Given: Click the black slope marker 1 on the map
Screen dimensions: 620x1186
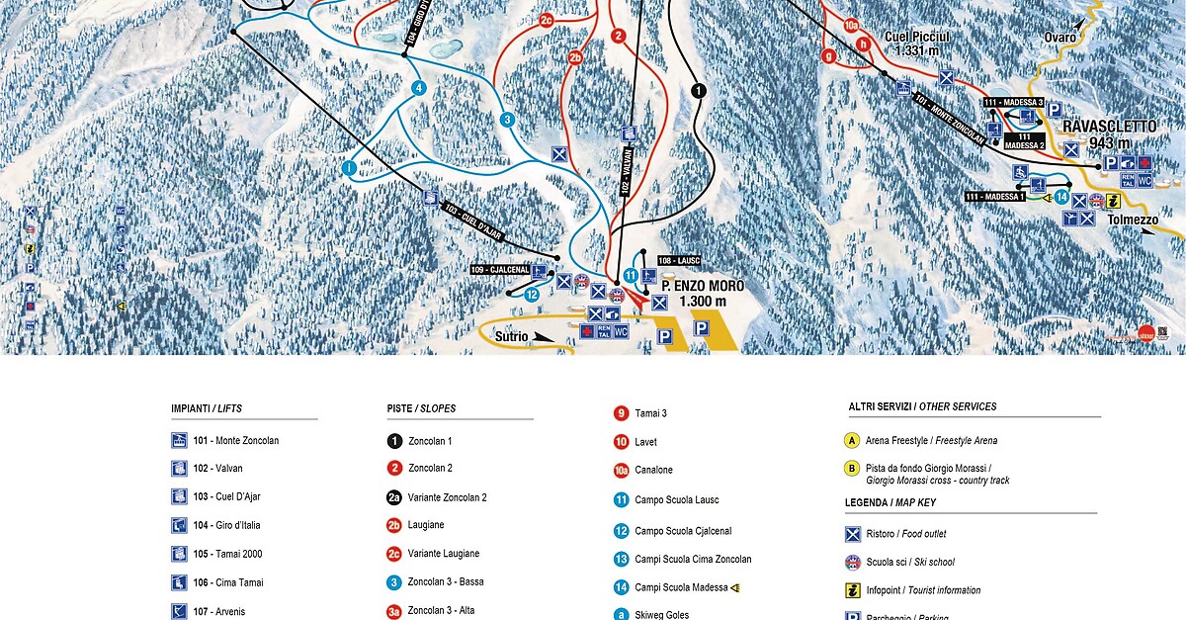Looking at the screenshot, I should point(699,91).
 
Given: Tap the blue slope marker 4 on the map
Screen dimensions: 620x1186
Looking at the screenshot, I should point(419,88).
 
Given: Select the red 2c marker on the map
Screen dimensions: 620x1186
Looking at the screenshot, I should point(546,20).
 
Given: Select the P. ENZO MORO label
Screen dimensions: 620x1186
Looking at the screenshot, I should point(703,286).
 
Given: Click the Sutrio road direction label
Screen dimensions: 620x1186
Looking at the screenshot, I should point(512,336).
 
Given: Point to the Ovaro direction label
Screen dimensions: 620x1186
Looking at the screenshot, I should point(1059,38).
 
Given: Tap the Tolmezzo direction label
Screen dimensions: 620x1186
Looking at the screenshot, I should point(1133,220).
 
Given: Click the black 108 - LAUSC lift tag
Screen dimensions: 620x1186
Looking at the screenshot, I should point(677,261).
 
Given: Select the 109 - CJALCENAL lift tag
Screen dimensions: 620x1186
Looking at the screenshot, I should point(499,270).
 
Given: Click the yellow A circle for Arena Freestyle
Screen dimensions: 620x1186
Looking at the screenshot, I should point(850,440).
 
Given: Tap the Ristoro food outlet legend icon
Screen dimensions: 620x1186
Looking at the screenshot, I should point(852,534).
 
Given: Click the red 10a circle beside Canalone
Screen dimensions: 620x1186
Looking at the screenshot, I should point(621,470).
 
